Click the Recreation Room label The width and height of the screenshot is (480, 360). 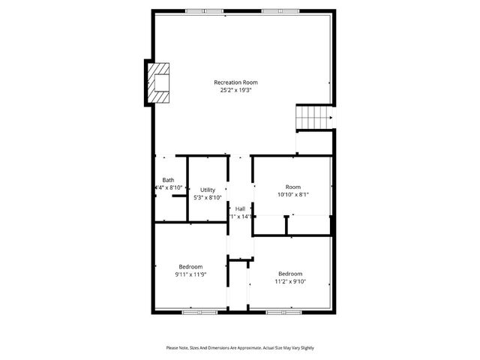tap(235, 82)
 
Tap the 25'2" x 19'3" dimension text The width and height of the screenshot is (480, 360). tap(235, 91)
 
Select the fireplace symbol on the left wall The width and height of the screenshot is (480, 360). tap(159, 82)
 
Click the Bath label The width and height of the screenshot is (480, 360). tap(168, 180)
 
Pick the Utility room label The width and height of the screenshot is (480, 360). tap(208, 190)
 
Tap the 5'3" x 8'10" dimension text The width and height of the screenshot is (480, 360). tap(208, 198)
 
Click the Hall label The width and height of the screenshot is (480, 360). tap(240, 208)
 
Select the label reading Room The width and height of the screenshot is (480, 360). tap(292, 186)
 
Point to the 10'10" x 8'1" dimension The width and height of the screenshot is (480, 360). tap(292, 194)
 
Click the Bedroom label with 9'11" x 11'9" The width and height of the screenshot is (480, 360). tap(190, 266)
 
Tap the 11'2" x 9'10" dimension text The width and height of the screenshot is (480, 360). tap(290, 281)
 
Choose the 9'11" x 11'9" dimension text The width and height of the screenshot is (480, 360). tap(190, 274)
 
